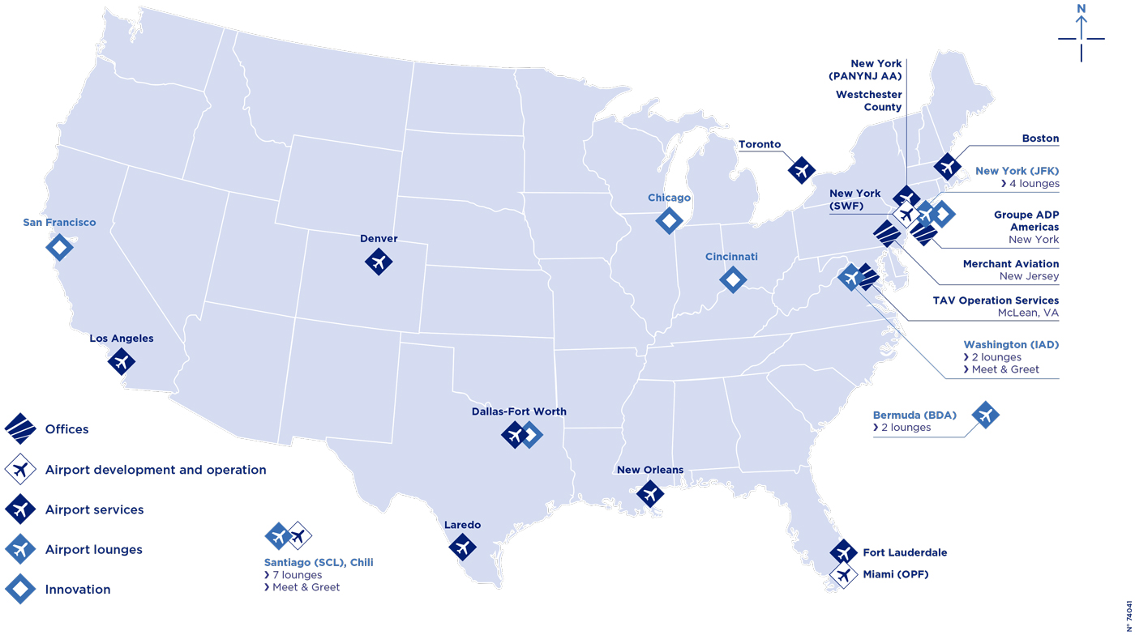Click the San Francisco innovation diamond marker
click(59, 247)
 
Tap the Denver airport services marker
click(379, 262)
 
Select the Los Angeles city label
click(122, 339)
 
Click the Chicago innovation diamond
click(669, 219)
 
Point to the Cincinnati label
click(731, 257)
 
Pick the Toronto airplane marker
click(802, 170)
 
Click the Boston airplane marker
click(947, 166)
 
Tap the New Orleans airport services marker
click(649, 492)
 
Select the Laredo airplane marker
click(462, 547)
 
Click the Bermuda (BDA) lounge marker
click(986, 415)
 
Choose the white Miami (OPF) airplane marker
click(844, 575)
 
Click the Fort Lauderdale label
click(905, 553)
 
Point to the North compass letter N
click(1081, 10)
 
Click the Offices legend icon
click(20, 429)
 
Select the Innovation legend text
click(78, 590)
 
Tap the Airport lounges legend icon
click(20, 550)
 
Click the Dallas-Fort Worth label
click(519, 411)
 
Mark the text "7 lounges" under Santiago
click(297, 575)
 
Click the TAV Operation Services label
click(996, 300)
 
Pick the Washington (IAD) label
click(1011, 344)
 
